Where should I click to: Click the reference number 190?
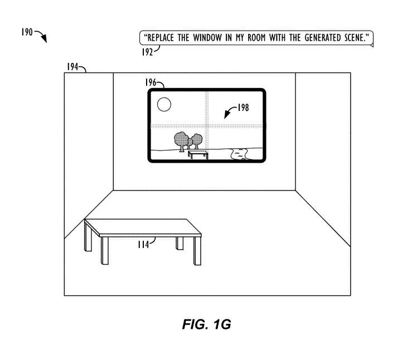click(x=27, y=32)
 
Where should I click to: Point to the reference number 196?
click(x=151, y=82)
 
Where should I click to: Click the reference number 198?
click(x=243, y=108)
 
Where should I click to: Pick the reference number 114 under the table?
click(x=144, y=243)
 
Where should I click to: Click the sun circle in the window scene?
click(x=163, y=104)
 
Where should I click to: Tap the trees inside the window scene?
click(x=187, y=140)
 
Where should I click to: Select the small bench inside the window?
click(x=198, y=153)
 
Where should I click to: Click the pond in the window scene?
click(x=240, y=154)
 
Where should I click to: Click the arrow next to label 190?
click(x=41, y=36)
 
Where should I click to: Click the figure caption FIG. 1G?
click(x=206, y=325)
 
